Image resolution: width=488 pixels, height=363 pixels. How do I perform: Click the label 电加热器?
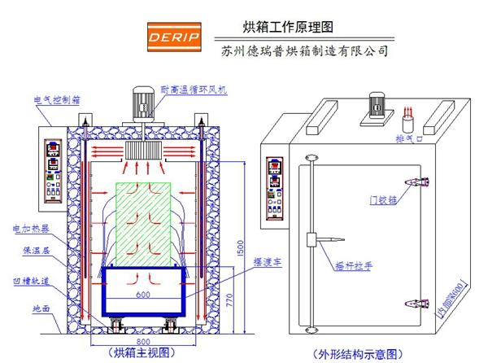click(29, 228)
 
